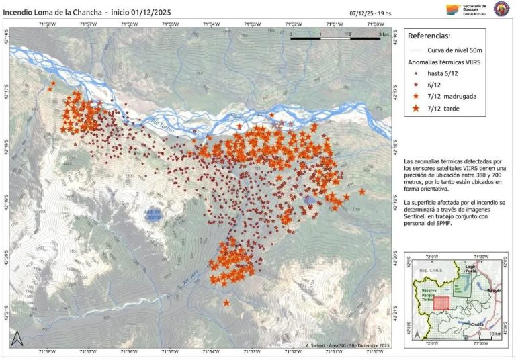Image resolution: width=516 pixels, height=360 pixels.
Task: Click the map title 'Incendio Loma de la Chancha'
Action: coord(51,11)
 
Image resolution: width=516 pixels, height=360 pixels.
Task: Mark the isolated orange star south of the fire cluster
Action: coord(226,304)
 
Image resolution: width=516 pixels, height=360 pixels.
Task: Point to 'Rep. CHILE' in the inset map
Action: coord(433,270)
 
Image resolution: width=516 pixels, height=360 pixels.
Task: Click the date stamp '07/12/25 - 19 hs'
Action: coord(372,13)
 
